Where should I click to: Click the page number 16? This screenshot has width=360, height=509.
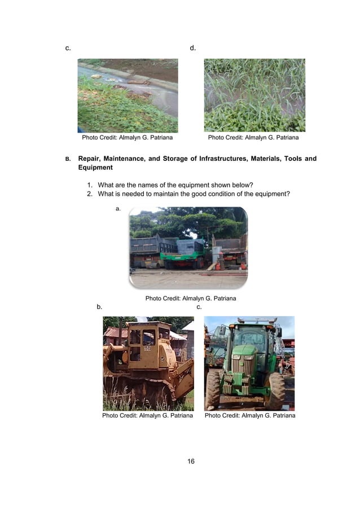click(191, 462)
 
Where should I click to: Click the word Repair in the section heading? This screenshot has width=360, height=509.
click(90, 159)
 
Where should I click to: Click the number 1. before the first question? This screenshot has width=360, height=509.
click(90, 185)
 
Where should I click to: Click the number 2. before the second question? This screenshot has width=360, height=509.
click(90, 194)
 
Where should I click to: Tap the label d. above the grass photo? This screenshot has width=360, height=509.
click(192, 48)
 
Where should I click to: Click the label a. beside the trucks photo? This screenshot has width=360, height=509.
click(118, 209)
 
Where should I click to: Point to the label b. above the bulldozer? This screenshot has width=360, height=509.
click(99, 307)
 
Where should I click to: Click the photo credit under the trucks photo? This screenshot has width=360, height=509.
click(191, 298)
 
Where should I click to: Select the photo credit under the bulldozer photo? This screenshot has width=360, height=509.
click(147, 415)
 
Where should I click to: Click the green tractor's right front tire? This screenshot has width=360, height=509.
click(275, 389)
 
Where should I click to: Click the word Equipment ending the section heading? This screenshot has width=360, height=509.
click(95, 168)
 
